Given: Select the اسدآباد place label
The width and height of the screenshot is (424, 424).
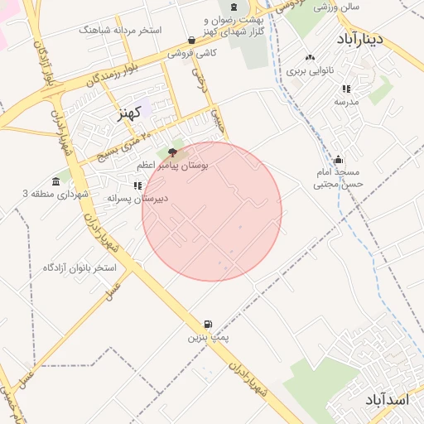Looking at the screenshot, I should click(387, 400).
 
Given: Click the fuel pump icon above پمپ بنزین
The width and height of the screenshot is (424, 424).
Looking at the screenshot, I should click(207, 324).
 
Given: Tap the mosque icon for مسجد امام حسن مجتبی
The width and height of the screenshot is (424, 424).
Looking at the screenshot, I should click(337, 160).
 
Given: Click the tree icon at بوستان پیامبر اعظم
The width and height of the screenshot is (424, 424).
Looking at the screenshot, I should click(172, 152).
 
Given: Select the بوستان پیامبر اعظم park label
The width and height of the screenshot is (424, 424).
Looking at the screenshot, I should click(178, 166).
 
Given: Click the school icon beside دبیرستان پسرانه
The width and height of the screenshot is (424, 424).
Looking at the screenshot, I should click(137, 185).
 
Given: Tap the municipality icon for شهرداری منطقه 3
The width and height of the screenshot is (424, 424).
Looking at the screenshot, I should click(55, 181).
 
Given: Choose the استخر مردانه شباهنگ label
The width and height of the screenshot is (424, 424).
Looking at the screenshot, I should click(120, 30).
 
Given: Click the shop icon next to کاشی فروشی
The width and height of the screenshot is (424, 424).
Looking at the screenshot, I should click(192, 40).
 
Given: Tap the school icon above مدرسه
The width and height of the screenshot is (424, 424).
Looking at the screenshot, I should click(345, 89).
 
